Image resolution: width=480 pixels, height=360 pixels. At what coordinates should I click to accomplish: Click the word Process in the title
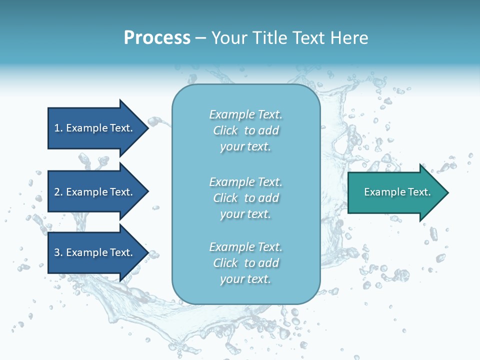[157, 38]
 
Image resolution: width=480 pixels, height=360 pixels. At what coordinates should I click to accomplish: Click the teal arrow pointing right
[395, 192]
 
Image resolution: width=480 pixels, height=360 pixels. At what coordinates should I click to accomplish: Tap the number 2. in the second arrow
[58, 192]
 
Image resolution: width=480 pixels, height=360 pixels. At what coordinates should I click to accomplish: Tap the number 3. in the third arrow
[58, 252]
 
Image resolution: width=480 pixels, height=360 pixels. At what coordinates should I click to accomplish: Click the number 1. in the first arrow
[58, 128]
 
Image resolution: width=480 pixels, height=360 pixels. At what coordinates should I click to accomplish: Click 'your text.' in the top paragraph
[245, 147]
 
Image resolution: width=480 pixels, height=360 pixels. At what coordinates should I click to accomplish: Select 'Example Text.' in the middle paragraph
[245, 182]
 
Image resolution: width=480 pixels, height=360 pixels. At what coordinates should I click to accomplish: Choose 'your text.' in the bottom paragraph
[245, 279]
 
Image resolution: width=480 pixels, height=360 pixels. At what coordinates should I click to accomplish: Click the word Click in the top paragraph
[225, 131]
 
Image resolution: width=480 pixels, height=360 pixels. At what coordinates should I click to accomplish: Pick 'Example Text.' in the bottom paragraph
[245, 247]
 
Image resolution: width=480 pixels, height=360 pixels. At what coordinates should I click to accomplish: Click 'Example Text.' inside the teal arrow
[397, 192]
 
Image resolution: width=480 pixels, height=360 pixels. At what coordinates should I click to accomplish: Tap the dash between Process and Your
[201, 38]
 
